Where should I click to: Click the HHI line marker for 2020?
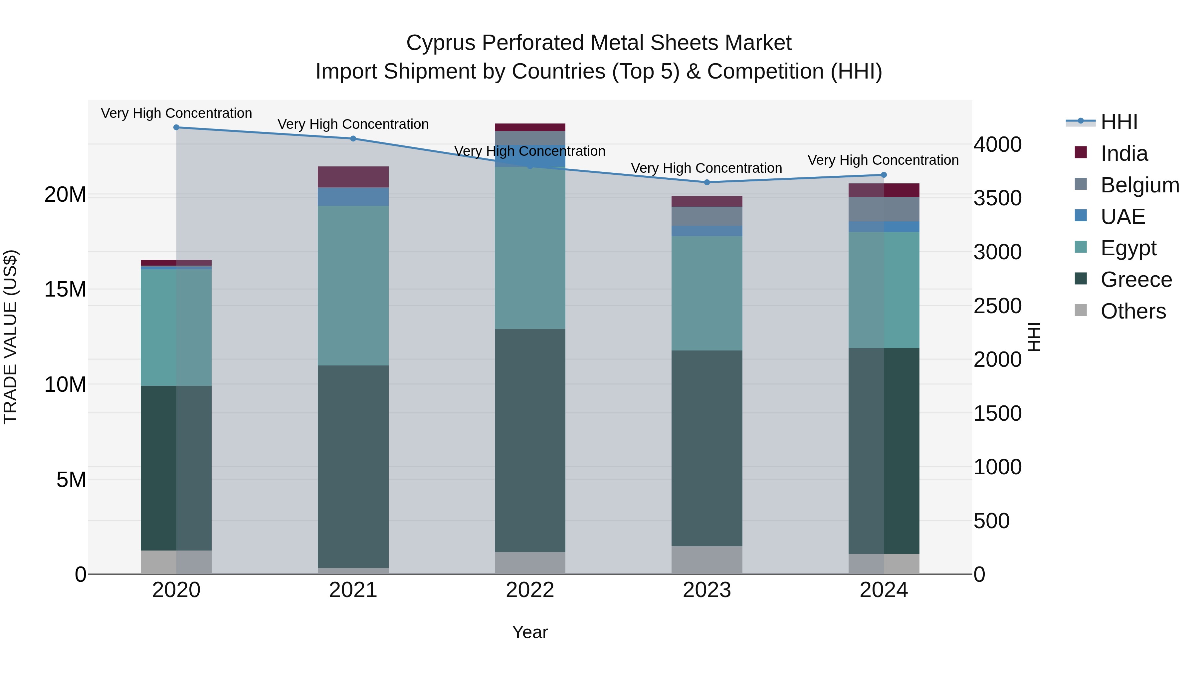[x=176, y=127]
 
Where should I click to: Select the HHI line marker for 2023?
[x=707, y=182]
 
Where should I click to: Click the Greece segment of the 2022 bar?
[x=530, y=440]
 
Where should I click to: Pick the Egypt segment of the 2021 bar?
[x=353, y=285]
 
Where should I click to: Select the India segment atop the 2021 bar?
[x=353, y=177]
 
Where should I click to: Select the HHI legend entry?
[x=1118, y=122]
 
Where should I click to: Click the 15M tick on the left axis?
[x=65, y=289]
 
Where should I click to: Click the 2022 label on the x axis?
[x=530, y=590]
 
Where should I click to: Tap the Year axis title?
[x=530, y=632]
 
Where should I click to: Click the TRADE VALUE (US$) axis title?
[x=10, y=337]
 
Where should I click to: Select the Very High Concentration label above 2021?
[x=353, y=124]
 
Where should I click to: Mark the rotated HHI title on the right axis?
[x=1034, y=337]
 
